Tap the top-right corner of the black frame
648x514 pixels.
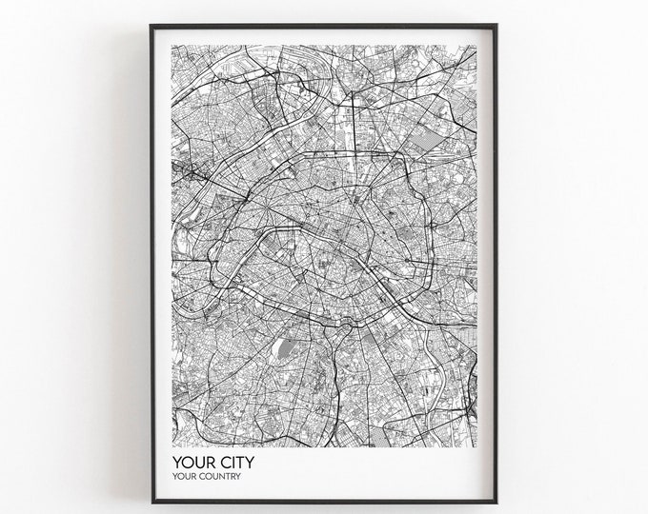pyautogui.click(x=497, y=26)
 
